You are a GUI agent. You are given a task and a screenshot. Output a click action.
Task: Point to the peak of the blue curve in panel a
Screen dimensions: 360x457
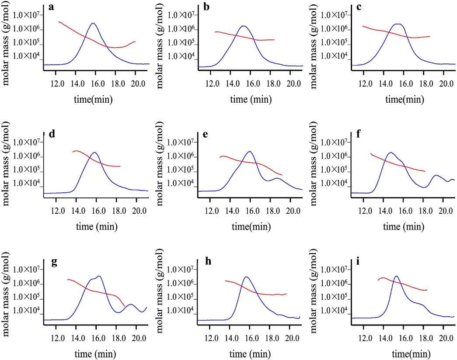[93, 23]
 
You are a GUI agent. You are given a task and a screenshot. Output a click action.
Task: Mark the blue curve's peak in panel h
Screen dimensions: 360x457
[247, 277]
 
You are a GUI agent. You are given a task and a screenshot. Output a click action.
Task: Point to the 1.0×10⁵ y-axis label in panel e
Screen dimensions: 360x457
[181, 170]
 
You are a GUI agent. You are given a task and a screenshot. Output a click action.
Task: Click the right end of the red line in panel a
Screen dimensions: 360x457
[136, 42]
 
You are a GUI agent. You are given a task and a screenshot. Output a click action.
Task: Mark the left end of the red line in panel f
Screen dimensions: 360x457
[371, 154]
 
